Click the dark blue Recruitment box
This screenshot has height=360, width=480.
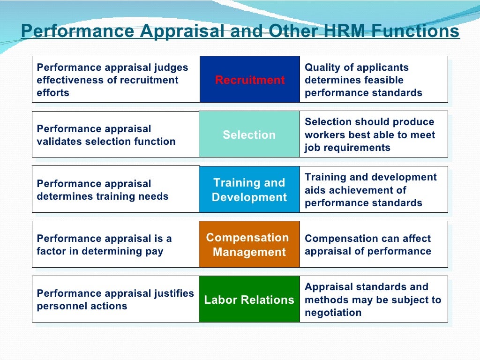[249, 80]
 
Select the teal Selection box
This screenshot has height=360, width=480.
[249, 135]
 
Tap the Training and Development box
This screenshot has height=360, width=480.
[249, 189]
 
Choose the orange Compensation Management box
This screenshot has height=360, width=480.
[249, 244]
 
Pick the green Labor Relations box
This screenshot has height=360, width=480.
[249, 300]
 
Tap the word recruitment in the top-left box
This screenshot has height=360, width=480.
[149, 80]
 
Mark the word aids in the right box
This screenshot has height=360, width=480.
[315, 190]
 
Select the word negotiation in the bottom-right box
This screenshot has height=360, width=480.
[333, 313]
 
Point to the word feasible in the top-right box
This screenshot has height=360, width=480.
[385, 80]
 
